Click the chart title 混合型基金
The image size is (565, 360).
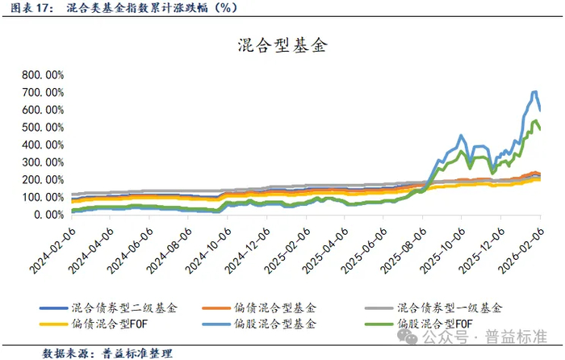(282, 44)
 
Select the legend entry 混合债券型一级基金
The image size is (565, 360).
(449, 308)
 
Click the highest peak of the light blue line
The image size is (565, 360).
(534, 91)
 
